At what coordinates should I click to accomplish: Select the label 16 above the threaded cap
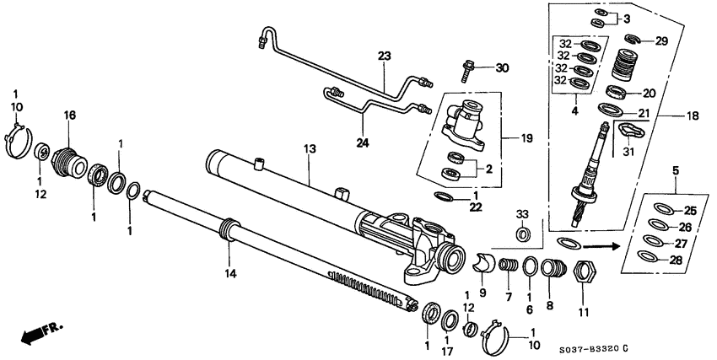click(71, 115)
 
